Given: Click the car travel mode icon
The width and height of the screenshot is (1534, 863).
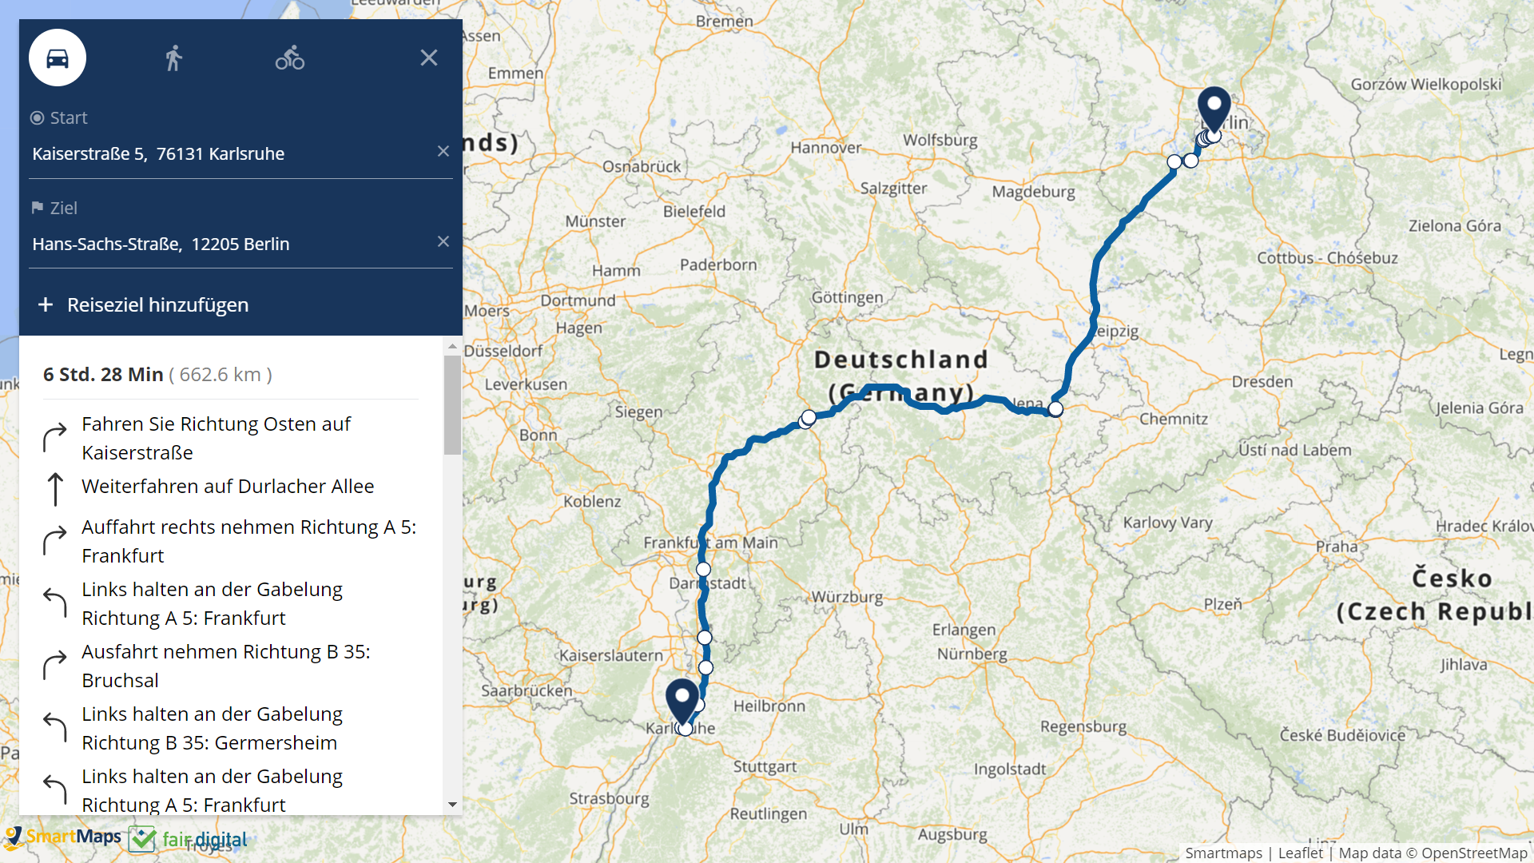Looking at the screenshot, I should click(58, 58).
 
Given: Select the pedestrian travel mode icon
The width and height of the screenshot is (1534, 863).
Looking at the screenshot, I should click(173, 58).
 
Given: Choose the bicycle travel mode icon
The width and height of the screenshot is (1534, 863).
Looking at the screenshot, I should click(290, 58).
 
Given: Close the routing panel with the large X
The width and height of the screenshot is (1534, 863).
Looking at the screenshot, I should click(429, 58).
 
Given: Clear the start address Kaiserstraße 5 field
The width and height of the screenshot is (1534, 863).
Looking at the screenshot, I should click(443, 152).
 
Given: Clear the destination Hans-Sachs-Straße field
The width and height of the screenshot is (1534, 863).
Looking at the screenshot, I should click(443, 242).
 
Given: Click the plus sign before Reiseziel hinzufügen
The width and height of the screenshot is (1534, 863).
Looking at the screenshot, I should click(46, 304).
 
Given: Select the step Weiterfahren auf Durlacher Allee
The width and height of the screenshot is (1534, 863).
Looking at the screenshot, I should click(228, 487).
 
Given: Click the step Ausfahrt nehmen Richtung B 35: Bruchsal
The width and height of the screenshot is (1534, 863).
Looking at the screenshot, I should click(225, 666).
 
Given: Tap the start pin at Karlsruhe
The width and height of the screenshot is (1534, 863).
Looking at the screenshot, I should click(682, 700).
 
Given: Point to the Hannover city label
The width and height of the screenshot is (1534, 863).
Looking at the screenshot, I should click(826, 148).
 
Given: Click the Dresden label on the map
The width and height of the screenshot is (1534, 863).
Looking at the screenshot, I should click(1262, 382).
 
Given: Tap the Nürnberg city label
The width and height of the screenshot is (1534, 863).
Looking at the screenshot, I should click(972, 654).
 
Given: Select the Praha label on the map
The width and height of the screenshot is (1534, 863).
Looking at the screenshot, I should click(1337, 547).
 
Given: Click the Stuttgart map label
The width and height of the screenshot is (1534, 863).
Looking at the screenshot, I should click(765, 767).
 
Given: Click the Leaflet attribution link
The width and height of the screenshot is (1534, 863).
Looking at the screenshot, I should click(1300, 853).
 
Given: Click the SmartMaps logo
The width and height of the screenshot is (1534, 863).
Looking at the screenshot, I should click(64, 837).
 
